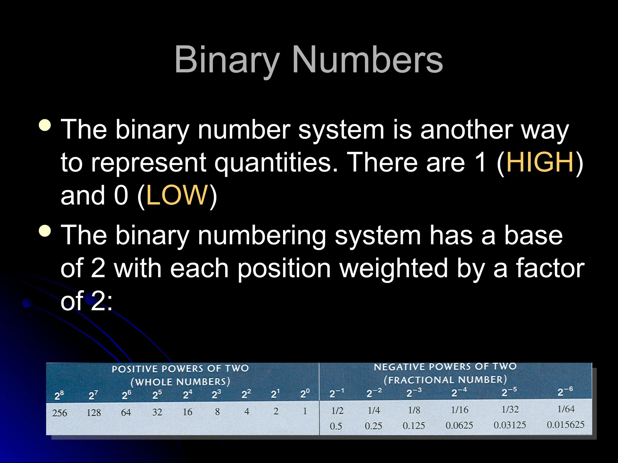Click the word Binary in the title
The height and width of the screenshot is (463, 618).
227,60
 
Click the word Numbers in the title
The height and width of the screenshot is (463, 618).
368,60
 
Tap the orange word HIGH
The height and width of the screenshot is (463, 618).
540,162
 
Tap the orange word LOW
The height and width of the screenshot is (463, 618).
177,195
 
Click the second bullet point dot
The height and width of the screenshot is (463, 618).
45,231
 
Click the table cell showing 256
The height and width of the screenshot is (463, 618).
59,413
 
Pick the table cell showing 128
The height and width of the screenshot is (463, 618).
94,412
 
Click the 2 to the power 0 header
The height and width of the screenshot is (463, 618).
305,394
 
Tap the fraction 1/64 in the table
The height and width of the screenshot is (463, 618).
566,409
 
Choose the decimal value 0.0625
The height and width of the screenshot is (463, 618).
459,425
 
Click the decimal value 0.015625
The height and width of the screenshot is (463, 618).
565,425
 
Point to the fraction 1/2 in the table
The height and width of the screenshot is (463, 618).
337,411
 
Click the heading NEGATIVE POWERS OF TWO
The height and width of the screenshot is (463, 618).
445,367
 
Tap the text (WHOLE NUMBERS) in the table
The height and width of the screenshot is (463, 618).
180,382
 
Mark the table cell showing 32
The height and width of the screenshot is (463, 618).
157,412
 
